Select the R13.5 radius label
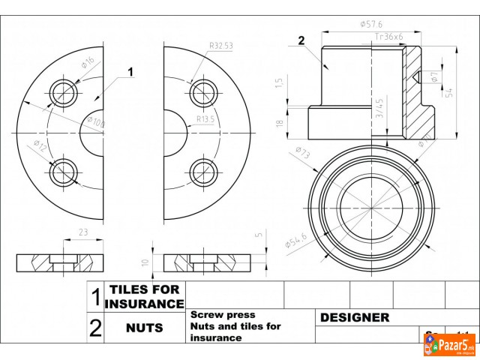[x=205, y=118]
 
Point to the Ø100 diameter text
[x=97, y=121]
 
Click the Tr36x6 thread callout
[x=388, y=36]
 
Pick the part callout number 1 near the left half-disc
[x=130, y=72]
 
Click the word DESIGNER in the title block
[x=355, y=318]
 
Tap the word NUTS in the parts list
[x=144, y=328]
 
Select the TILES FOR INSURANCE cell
[x=144, y=296]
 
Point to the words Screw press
[x=223, y=315]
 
